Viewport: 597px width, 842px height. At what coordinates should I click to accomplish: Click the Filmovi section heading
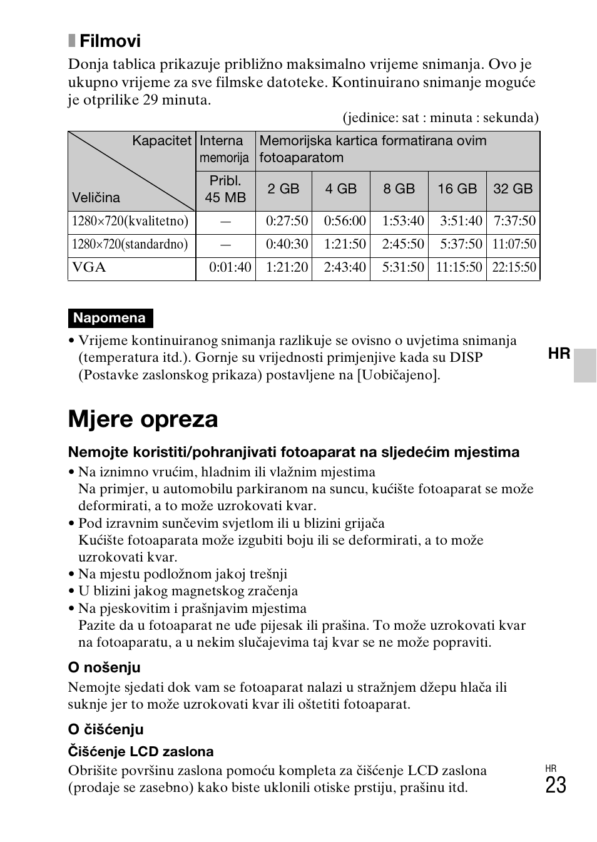(110, 41)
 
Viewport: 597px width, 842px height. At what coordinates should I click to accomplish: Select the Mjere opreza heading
(143, 419)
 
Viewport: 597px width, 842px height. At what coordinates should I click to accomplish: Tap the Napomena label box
(110, 318)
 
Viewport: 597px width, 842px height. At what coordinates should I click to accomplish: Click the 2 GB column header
(283, 189)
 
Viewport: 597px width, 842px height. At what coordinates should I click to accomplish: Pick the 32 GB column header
(513, 189)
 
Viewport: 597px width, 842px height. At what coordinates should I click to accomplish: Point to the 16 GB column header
(457, 189)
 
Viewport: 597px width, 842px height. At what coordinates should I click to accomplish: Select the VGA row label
(89, 268)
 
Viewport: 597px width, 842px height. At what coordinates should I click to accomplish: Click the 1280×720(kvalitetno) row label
(130, 222)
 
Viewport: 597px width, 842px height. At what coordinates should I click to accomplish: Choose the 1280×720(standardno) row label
(130, 245)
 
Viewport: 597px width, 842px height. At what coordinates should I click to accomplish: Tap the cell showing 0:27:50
(287, 222)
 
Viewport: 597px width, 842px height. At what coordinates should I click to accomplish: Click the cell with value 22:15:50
(514, 268)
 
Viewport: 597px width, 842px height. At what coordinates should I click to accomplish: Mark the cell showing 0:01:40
(230, 268)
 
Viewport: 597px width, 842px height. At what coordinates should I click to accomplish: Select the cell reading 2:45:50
(403, 245)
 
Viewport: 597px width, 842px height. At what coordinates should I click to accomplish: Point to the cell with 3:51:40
(461, 222)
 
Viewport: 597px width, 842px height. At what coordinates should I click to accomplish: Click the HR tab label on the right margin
(559, 354)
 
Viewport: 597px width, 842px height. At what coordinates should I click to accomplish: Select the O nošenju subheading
(104, 667)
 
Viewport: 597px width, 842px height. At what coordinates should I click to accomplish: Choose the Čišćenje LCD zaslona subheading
(141, 752)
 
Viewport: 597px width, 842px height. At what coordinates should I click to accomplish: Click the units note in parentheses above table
(440, 118)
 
